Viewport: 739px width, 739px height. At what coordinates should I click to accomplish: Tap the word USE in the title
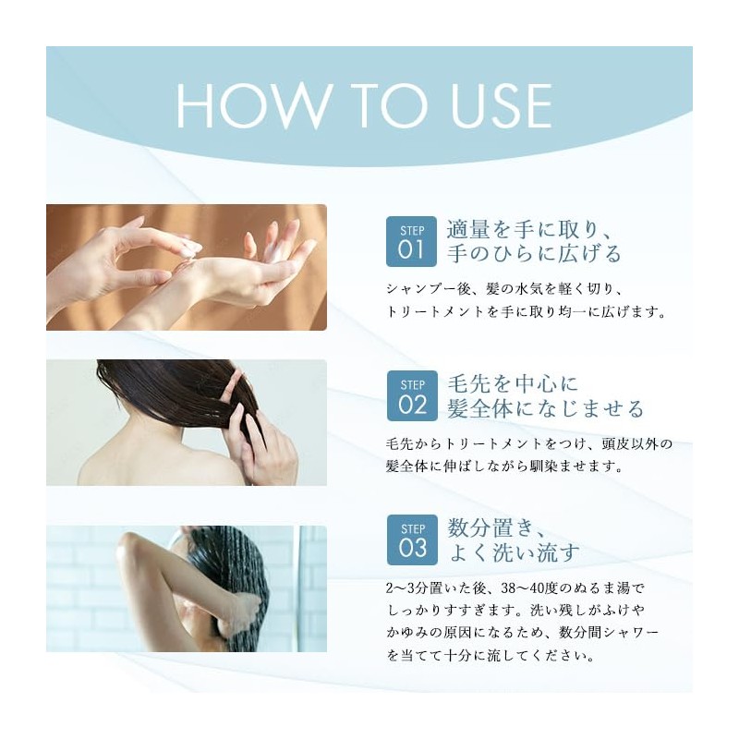pos(501,105)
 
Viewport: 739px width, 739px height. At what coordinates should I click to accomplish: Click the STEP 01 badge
pos(411,241)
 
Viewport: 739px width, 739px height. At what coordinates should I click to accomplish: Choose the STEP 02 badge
pos(412,395)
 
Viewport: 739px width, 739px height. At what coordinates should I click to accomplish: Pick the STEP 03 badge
pos(412,539)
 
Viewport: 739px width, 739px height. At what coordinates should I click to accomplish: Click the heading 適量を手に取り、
pos(528,229)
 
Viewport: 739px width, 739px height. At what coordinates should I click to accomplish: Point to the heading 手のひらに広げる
pos(534,253)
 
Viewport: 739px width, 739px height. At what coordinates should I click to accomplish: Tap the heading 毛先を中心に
pos(513,383)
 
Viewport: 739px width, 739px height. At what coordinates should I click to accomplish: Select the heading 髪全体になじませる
pos(545,408)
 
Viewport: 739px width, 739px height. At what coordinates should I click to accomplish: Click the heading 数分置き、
pos(496,527)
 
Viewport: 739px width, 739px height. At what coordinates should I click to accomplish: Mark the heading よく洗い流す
pos(515,552)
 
